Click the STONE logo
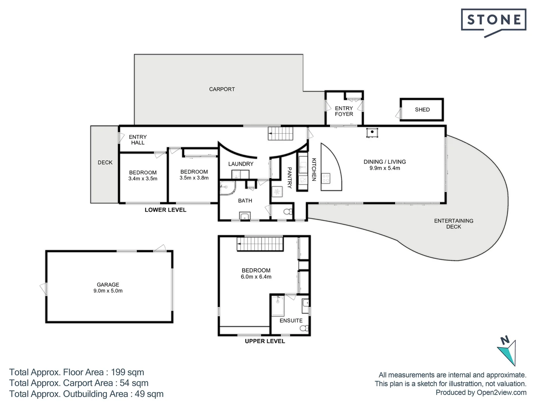494,20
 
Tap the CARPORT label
222,89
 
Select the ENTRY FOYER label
344,111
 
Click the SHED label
422,110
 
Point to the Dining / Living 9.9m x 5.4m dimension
384,168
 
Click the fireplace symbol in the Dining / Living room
372,133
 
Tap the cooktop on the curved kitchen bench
326,178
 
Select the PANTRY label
289,177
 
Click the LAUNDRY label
241,164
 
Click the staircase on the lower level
281,134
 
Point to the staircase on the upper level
259,245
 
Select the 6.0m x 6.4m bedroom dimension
256,277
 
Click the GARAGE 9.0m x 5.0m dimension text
108,291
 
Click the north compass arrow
508,350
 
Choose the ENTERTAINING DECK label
454,224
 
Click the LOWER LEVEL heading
166,210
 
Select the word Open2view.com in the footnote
501,392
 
